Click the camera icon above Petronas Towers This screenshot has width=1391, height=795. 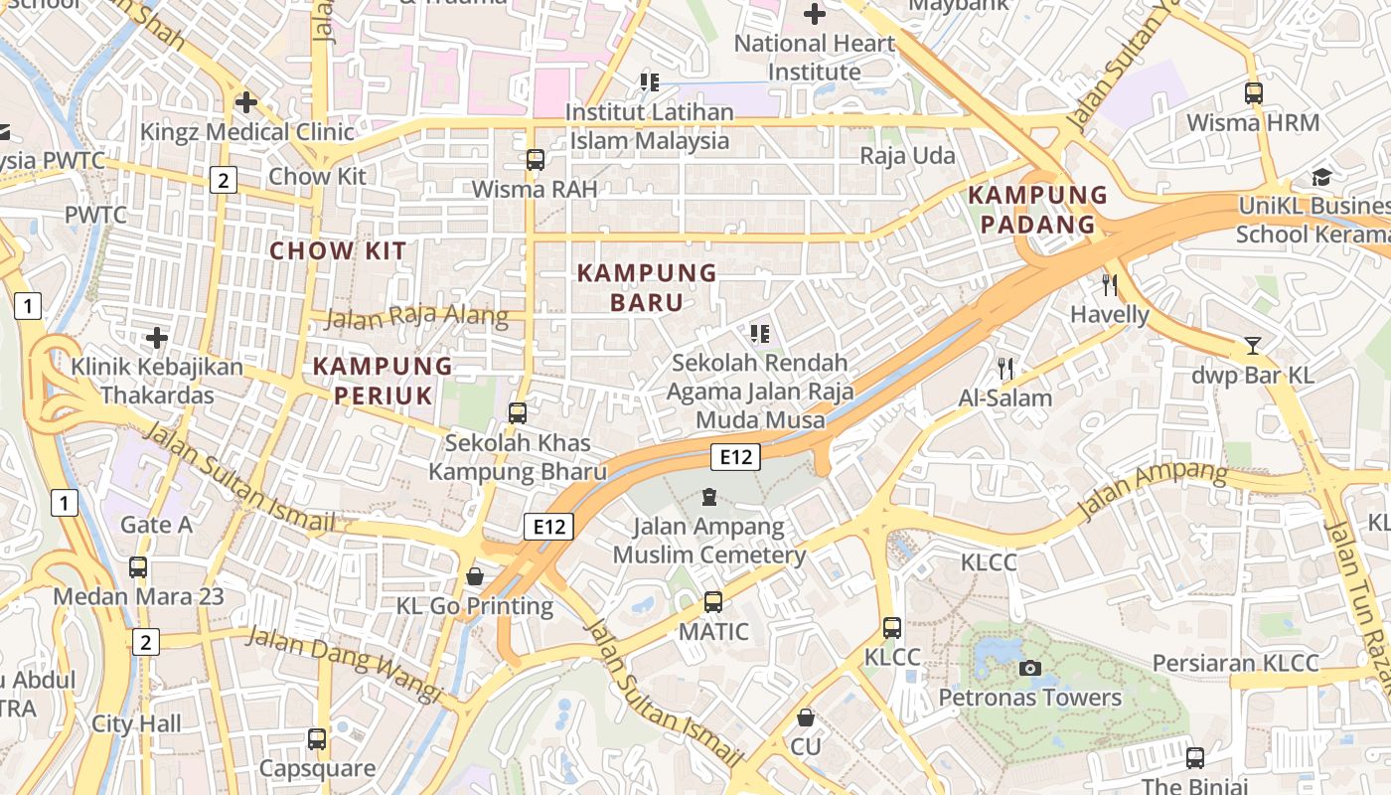coord(1030,668)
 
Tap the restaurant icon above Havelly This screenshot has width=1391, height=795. coord(1110,285)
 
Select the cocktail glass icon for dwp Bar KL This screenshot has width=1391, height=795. coord(1253,346)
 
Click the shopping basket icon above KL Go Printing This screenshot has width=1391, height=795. coord(475,576)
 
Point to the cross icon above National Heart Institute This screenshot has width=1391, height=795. coord(815,14)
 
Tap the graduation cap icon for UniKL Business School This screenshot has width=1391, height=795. coord(1320,177)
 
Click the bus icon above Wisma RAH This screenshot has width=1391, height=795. coord(536,159)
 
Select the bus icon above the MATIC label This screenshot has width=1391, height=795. coord(713,601)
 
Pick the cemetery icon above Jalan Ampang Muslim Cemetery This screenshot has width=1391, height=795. coord(708,496)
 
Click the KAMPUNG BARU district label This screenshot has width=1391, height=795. coord(647,287)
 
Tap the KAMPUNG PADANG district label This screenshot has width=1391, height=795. coord(1037,210)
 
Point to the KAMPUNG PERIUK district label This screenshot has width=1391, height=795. coord(383,381)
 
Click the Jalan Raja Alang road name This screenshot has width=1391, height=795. coord(416,318)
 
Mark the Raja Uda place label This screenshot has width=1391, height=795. coord(907,156)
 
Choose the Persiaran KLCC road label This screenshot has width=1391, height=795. coord(1235,663)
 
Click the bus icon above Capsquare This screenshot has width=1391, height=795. coord(317,738)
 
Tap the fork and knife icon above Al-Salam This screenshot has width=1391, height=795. coord(1005,369)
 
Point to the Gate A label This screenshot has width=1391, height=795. coord(156,524)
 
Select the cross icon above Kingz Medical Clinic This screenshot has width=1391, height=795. coord(246,101)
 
